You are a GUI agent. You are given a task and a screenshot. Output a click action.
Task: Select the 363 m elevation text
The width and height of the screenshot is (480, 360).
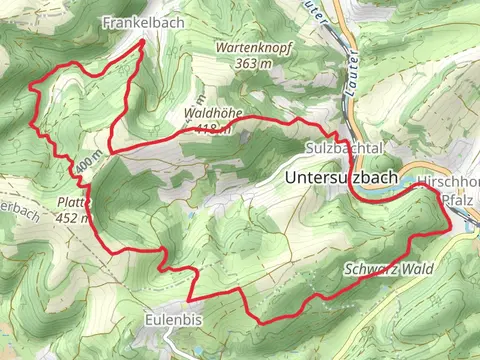256,62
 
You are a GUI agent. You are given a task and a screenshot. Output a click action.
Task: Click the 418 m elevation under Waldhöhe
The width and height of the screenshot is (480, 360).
216,128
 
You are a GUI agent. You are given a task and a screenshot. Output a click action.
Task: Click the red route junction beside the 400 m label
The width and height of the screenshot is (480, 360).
107,152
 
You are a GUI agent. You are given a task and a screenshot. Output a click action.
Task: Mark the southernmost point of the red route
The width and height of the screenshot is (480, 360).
262,321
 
